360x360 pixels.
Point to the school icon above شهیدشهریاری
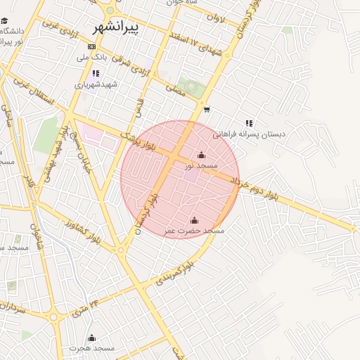[96, 73]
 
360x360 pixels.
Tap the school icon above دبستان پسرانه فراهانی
[249, 123]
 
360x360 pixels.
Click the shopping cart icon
[206, 109]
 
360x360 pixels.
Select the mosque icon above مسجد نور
[202, 155]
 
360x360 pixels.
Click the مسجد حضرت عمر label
[194, 231]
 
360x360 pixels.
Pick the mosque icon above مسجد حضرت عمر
[195, 220]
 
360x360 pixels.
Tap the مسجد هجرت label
[91, 348]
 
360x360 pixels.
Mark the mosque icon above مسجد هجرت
[91, 337]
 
